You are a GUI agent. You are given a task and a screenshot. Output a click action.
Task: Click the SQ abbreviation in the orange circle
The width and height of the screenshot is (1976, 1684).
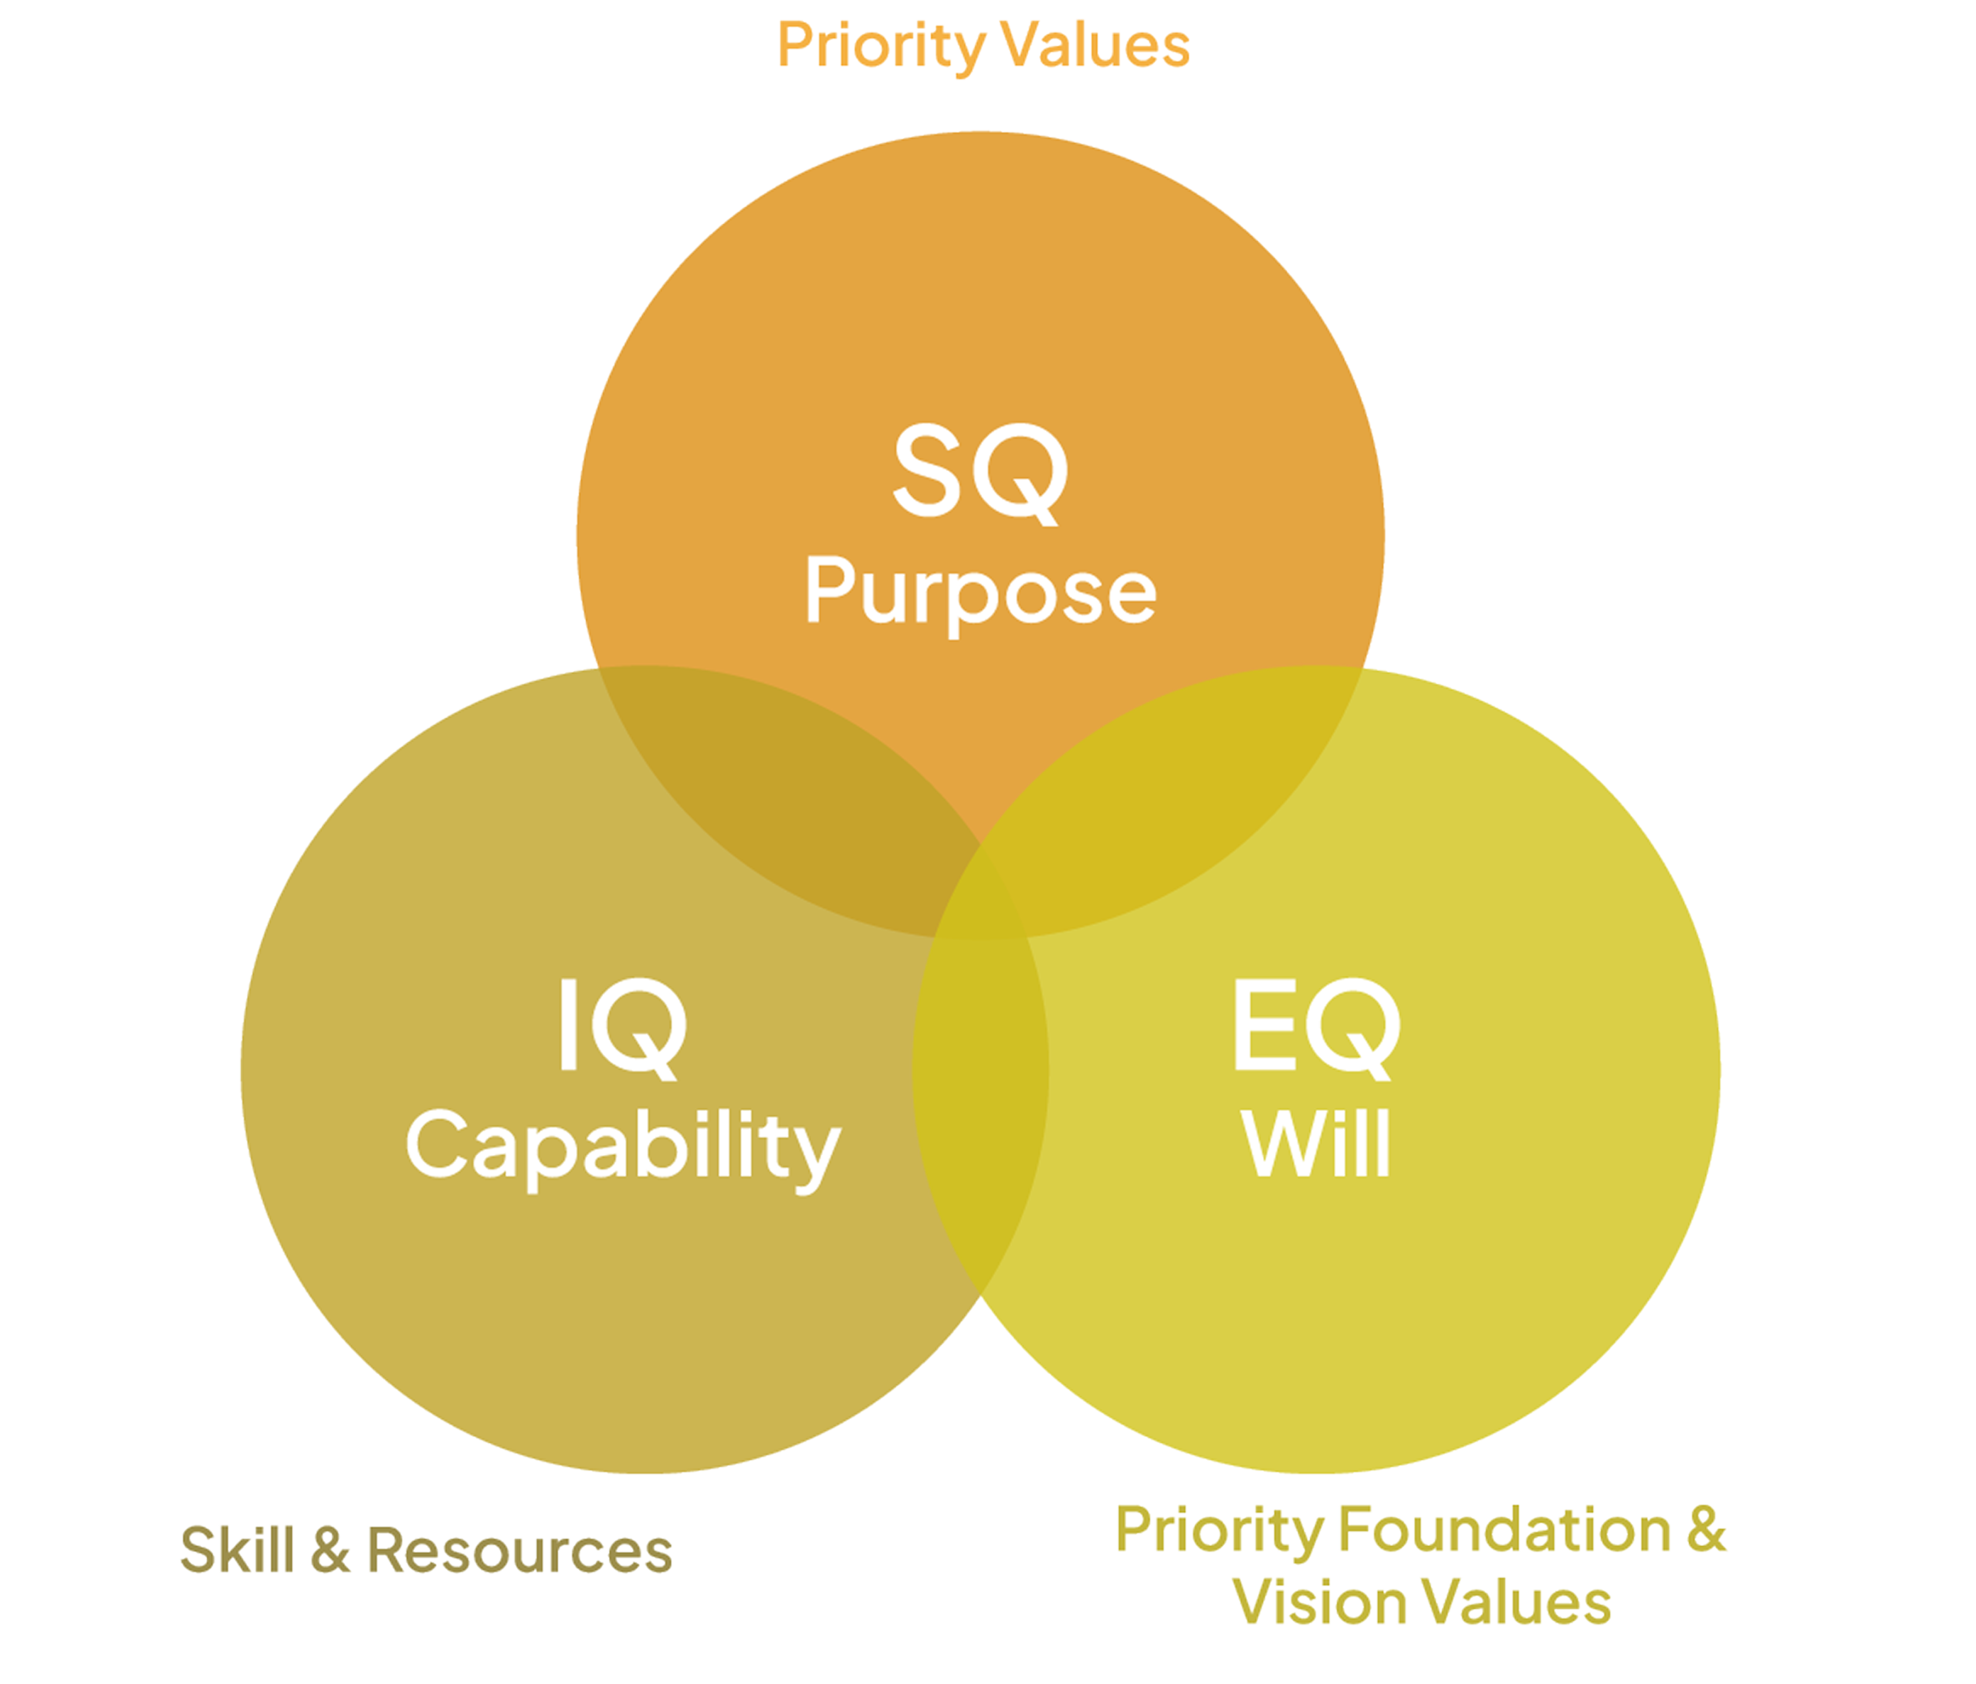tap(980, 473)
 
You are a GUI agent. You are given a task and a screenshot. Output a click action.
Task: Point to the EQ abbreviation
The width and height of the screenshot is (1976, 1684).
tap(1316, 1028)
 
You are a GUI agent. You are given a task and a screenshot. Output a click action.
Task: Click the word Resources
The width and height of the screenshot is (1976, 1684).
tap(519, 1550)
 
